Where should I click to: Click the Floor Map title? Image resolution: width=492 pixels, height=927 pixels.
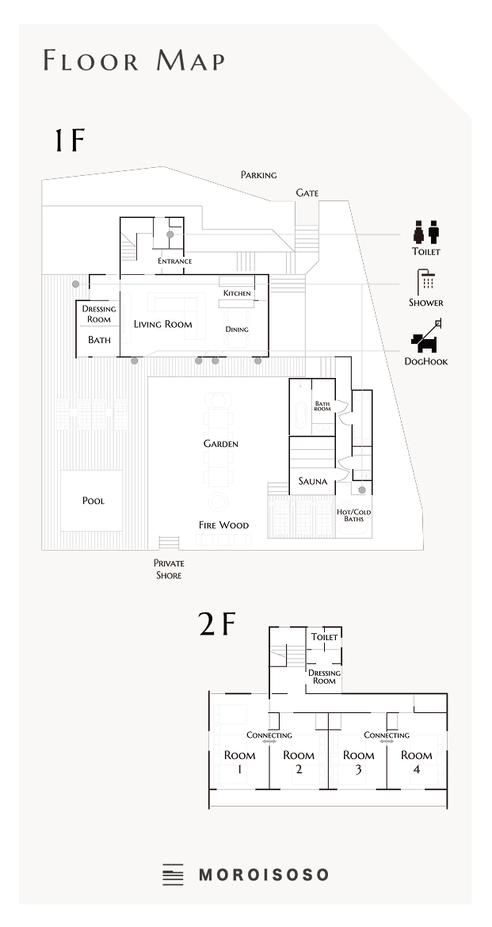(x=134, y=60)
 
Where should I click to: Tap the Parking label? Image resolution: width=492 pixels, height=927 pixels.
(x=258, y=175)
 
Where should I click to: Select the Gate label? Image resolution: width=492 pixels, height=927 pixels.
(x=307, y=193)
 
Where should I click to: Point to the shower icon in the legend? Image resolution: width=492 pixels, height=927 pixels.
(x=425, y=282)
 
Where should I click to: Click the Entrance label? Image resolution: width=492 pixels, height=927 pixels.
(x=174, y=261)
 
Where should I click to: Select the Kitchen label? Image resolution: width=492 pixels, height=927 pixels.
(x=237, y=293)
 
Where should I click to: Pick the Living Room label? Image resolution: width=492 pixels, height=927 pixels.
(x=162, y=324)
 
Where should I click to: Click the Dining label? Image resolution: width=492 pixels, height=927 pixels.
(x=237, y=330)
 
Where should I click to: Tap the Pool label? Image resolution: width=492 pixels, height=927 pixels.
(x=93, y=501)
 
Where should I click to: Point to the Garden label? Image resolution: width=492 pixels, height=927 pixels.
(x=220, y=444)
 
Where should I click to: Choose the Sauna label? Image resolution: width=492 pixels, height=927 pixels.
(x=312, y=481)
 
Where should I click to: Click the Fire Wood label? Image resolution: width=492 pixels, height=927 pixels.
(x=223, y=525)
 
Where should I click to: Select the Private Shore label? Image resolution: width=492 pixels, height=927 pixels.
(x=169, y=569)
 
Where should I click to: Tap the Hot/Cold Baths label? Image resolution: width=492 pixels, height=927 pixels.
(x=353, y=516)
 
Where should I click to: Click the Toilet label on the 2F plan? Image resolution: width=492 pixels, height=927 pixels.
(x=324, y=637)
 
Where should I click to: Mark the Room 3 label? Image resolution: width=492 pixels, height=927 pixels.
(x=358, y=761)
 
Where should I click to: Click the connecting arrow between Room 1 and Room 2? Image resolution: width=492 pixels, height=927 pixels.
(x=269, y=742)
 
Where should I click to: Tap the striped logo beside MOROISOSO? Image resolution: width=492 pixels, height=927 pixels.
(x=173, y=875)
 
